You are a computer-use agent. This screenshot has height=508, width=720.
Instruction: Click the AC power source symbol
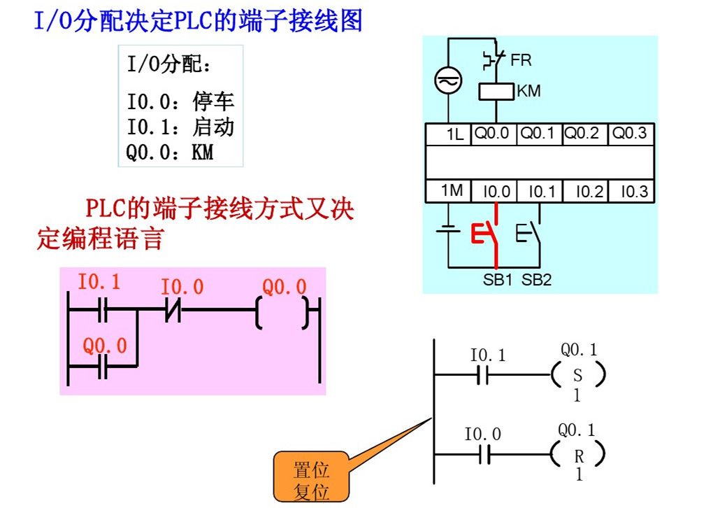446,82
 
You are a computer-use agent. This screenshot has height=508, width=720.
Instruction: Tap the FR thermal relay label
521,60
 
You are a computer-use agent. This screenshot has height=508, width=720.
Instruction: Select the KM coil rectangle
496,92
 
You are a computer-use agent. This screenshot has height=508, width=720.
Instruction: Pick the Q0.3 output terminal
631,134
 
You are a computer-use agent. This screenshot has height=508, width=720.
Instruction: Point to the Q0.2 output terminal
582,134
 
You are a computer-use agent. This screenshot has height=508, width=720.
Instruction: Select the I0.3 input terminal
631,191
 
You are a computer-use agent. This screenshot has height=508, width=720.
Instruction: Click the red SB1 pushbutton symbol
486,234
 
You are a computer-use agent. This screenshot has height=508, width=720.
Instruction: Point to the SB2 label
537,280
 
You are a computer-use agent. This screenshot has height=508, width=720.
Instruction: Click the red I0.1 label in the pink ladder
99,282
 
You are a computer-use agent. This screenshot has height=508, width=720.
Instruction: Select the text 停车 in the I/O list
213,102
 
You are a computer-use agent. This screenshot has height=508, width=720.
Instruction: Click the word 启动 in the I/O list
213,127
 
